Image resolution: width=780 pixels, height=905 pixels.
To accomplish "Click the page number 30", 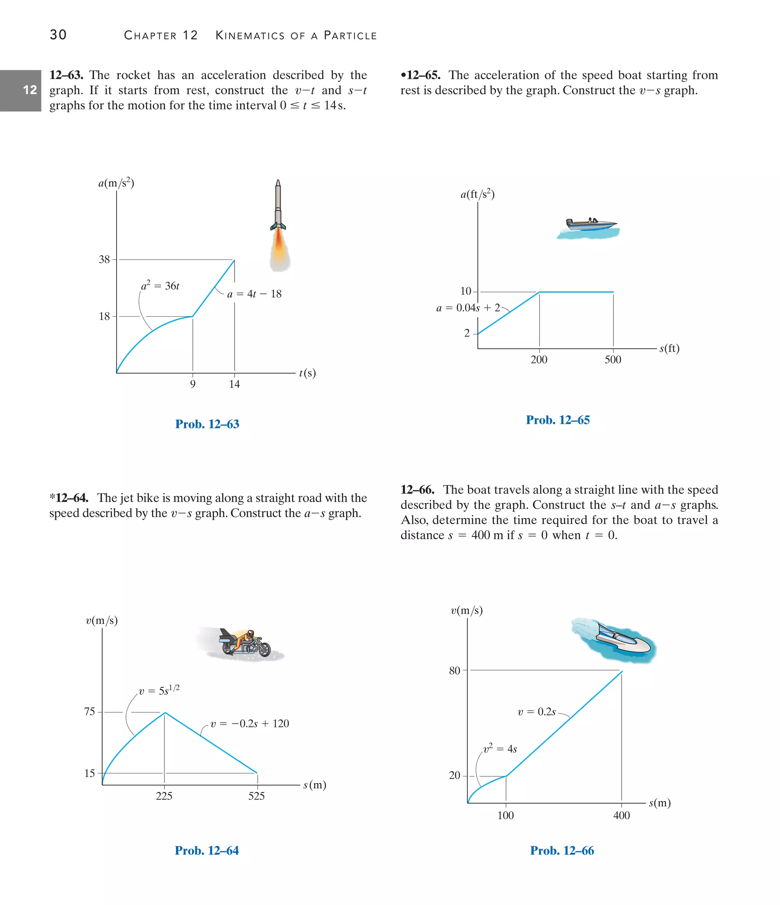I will coord(58,35).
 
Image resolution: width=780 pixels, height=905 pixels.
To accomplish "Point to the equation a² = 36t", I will coord(160,286).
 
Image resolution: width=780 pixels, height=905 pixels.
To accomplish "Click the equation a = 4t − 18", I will coord(254,294).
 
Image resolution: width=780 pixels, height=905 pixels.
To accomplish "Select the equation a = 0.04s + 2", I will coord(468,308).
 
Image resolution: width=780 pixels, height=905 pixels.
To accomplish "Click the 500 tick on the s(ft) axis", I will coord(613,359).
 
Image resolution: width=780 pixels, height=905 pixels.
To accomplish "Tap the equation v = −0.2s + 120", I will coord(249,724).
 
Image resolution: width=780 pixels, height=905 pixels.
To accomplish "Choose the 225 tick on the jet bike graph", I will coord(164,796).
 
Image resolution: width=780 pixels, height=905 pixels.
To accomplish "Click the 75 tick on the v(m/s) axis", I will coord(90,712).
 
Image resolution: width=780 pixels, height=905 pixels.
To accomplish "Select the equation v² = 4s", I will coord(500,749).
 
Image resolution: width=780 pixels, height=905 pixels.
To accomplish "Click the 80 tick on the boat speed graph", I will coord(454,670).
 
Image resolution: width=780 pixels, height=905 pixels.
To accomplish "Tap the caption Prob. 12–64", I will coord(207,851).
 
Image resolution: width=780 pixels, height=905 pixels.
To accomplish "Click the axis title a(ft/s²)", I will coord(477,195).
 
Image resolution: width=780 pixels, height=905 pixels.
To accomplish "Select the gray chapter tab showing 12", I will coord(21,90).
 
